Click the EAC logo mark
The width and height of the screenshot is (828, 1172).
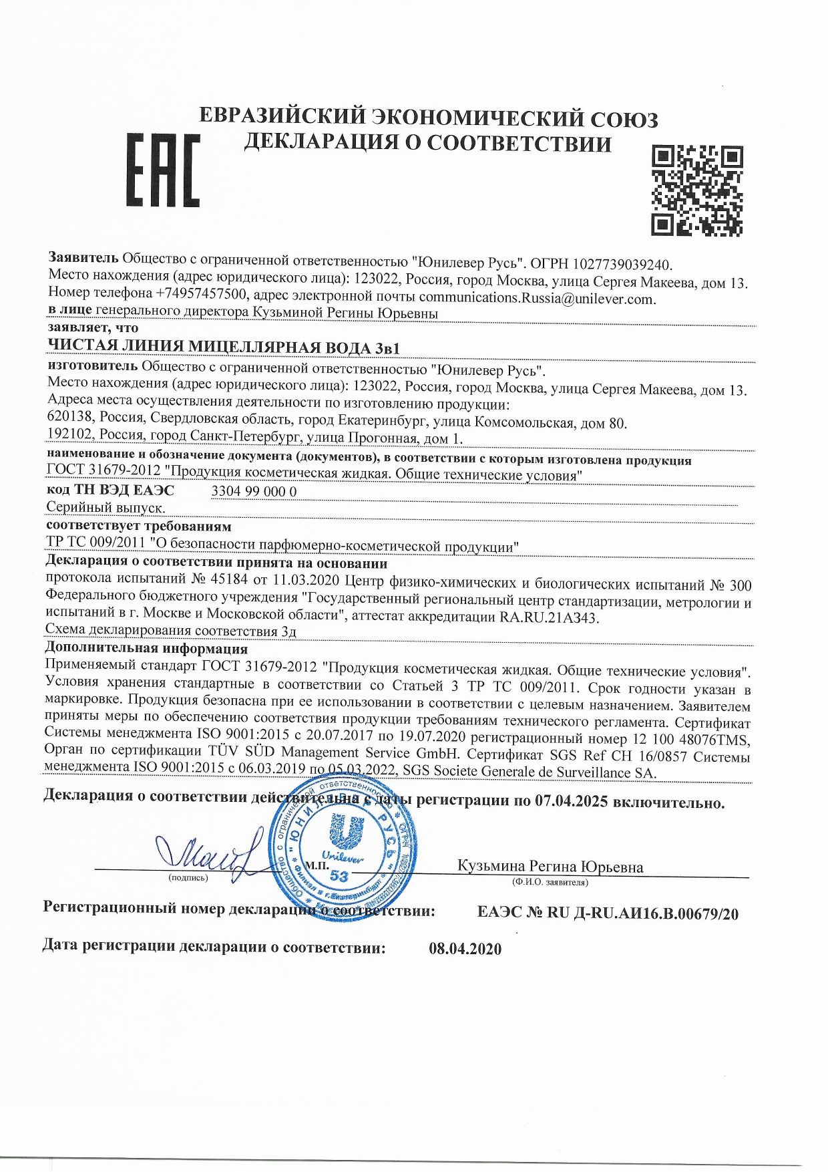[x=163, y=170]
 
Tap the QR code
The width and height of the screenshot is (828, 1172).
[x=697, y=190]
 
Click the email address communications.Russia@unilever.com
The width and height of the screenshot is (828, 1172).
[x=536, y=299]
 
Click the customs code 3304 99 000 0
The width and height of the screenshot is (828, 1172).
[x=254, y=492]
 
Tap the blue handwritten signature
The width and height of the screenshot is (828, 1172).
[x=207, y=854]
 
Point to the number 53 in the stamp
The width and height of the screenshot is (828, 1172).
[x=339, y=876]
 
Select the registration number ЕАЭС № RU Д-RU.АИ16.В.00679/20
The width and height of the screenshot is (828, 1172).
[x=608, y=913]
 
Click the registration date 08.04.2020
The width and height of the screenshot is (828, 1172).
[x=465, y=949]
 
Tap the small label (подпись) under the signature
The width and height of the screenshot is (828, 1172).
[x=189, y=877]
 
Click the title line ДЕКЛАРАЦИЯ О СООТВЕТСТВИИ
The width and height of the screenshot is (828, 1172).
[x=427, y=143]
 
